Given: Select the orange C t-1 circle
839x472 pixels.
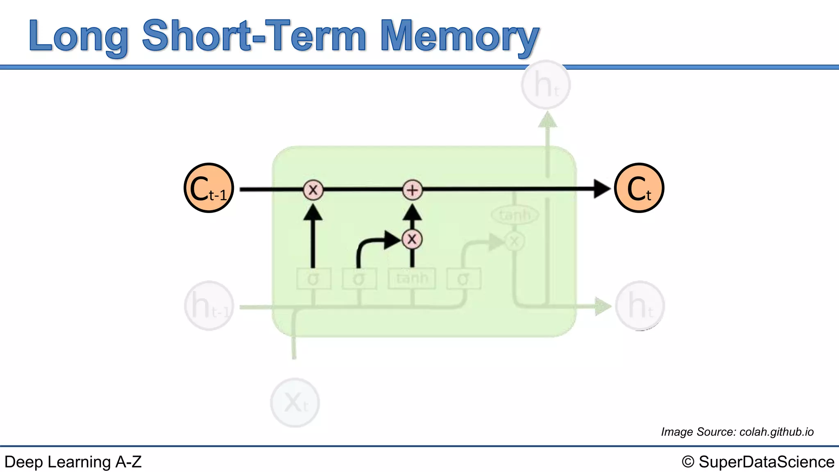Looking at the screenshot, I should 209,188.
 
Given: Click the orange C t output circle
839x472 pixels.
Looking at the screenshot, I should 639,188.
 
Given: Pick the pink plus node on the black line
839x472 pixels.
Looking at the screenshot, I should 413,190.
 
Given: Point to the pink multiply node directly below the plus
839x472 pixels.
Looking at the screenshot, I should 412,239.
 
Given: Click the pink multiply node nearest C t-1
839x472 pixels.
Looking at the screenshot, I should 313,190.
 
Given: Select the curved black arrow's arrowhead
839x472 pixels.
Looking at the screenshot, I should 392,240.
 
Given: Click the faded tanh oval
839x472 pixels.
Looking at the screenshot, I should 515,215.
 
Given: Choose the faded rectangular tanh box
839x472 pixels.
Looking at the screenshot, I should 412,279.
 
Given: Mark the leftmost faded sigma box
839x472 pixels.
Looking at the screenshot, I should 313,279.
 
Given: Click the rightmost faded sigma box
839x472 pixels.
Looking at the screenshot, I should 463,279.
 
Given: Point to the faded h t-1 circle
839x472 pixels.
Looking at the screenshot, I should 209,306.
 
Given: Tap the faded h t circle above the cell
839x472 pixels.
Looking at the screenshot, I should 546,85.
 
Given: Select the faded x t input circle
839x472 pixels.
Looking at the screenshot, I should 295,402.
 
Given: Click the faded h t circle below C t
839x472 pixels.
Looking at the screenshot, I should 640,306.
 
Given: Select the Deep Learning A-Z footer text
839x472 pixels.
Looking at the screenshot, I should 73,462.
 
